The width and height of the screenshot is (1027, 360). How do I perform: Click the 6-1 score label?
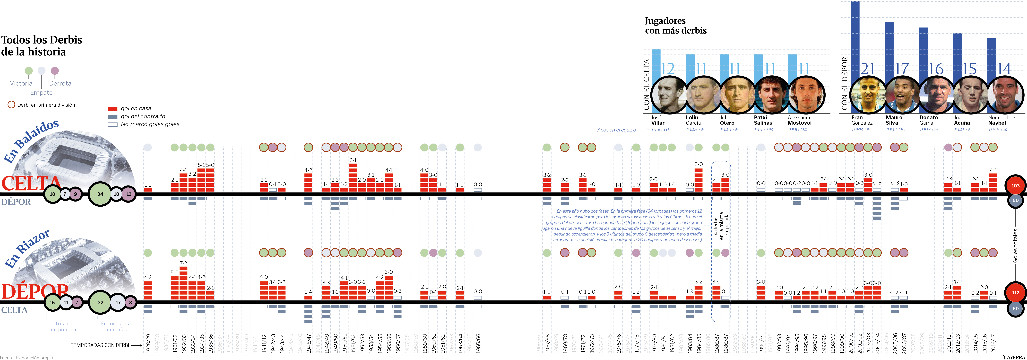click(353, 160)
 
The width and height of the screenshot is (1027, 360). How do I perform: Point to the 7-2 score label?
click(183, 263)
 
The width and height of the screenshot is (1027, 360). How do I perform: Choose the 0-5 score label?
click(877, 183)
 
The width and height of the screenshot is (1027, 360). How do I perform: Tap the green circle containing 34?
click(100, 194)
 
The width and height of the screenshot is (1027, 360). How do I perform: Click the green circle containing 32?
click(100, 302)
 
